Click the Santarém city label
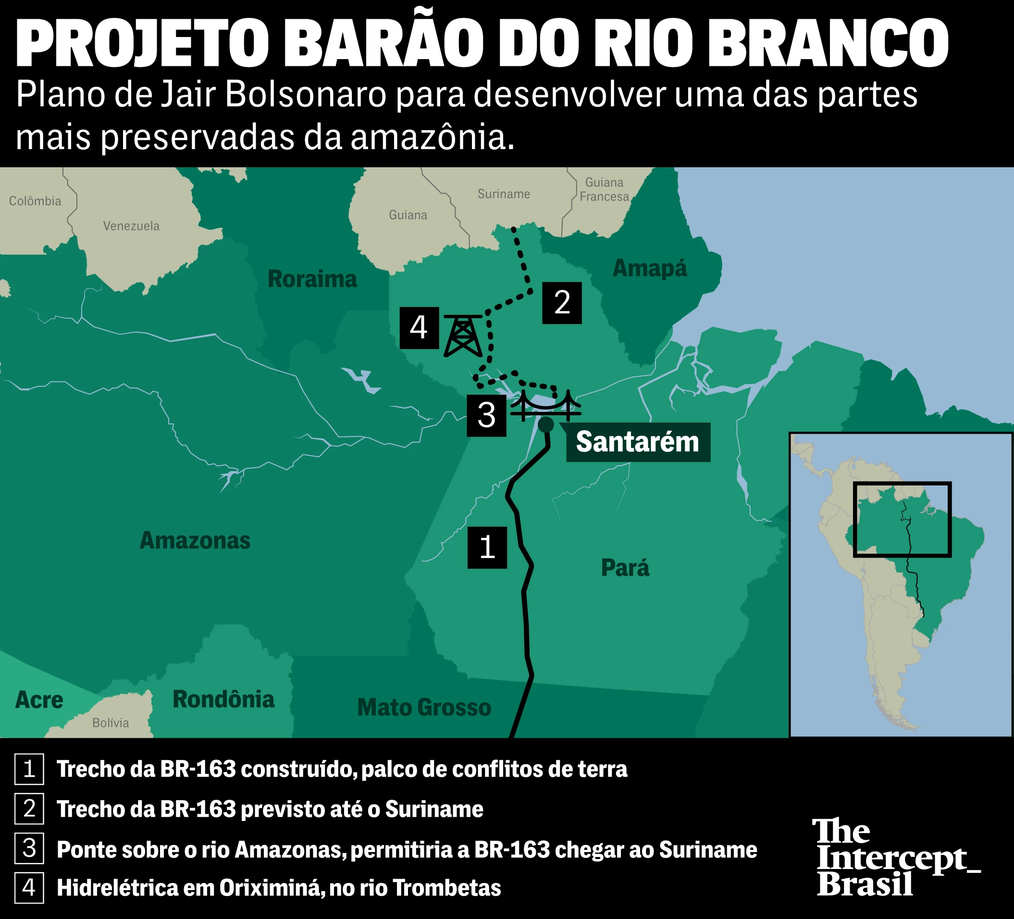[638, 442]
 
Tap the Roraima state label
[312, 279]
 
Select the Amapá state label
[649, 269]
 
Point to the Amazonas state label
[195, 541]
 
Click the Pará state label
[625, 568]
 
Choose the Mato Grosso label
[424, 708]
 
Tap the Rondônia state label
[223, 700]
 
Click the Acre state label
[39, 700]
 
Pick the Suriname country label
[504, 194]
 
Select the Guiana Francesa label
[604, 190]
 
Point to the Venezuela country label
[131, 226]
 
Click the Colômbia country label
[35, 201]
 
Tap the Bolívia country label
[111, 723]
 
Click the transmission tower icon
[463, 335]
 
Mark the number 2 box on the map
[562, 303]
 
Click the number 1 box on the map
[487, 547]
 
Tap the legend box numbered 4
[29, 888]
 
